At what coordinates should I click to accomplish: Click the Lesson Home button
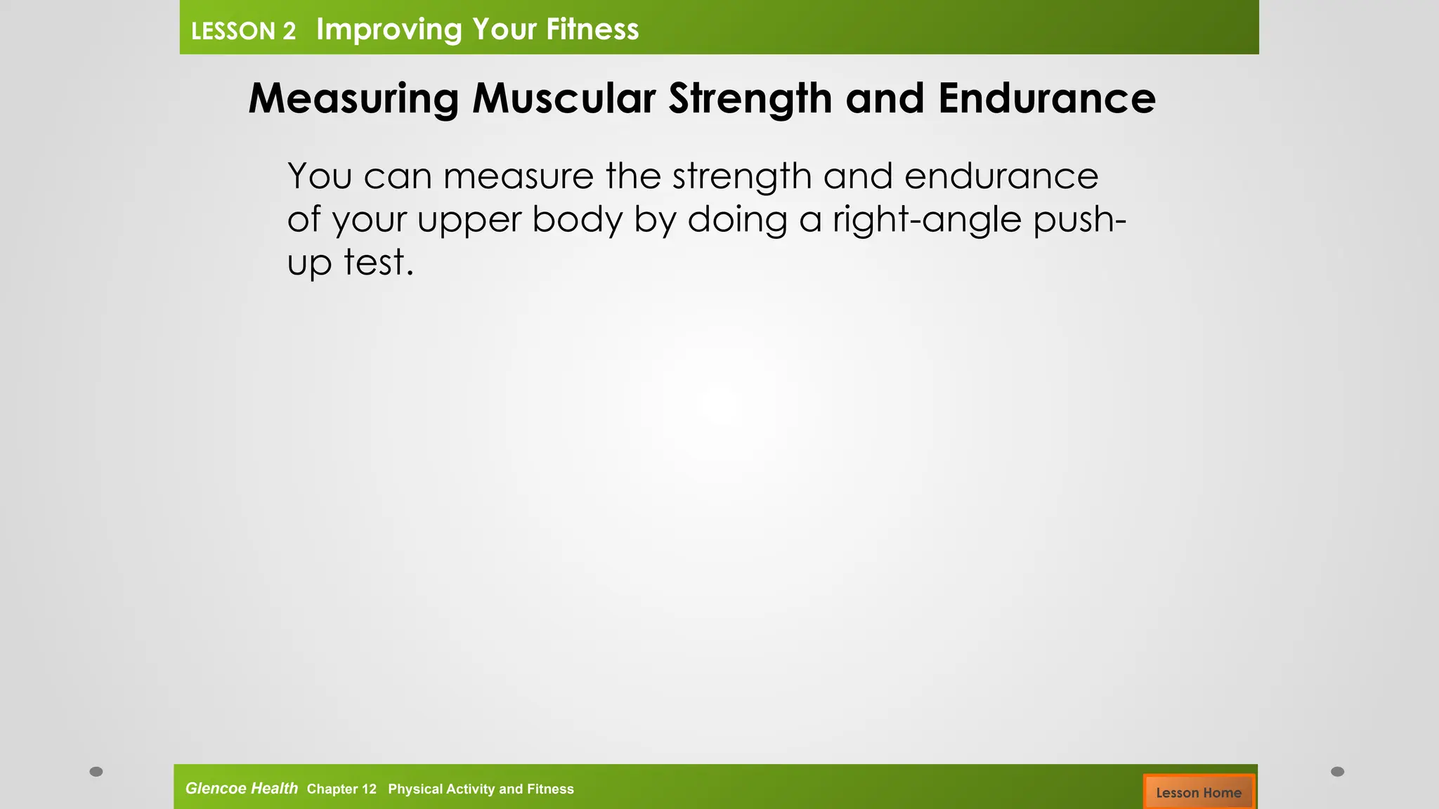(1198, 792)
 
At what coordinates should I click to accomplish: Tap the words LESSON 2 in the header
(243, 31)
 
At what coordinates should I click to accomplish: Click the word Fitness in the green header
(592, 29)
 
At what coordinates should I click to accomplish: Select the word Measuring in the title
(353, 98)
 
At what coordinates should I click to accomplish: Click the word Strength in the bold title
(750, 98)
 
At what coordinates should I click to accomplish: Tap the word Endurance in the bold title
(1046, 98)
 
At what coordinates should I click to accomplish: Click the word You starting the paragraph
(320, 176)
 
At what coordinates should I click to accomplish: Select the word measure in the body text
(518, 176)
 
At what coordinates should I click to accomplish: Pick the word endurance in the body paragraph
(1001, 176)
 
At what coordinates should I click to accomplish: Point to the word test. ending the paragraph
(379, 263)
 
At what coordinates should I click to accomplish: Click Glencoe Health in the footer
(241, 788)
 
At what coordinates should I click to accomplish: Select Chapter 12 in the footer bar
(341, 789)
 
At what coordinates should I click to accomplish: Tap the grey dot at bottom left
(96, 772)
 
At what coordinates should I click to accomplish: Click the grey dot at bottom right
(1337, 772)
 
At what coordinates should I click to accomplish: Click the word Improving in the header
(389, 29)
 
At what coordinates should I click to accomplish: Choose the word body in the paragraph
(577, 220)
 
